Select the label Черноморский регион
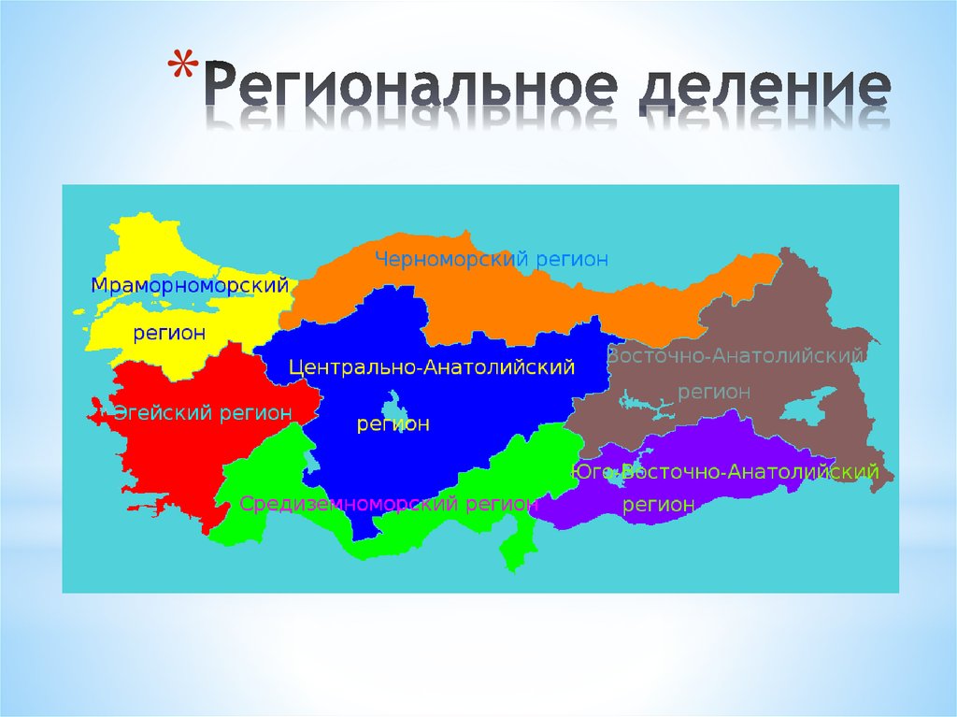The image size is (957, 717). coord(492,259)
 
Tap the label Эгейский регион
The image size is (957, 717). coord(203,412)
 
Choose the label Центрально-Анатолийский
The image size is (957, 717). coord(431,368)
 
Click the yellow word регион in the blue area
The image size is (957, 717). coord(393,425)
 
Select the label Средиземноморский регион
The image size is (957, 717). coord(389,504)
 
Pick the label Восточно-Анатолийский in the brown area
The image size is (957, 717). coord(735,357)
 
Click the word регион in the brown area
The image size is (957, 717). coord(714,392)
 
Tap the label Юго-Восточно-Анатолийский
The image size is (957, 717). coord(727,472)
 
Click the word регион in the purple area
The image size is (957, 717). coord(660,505)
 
